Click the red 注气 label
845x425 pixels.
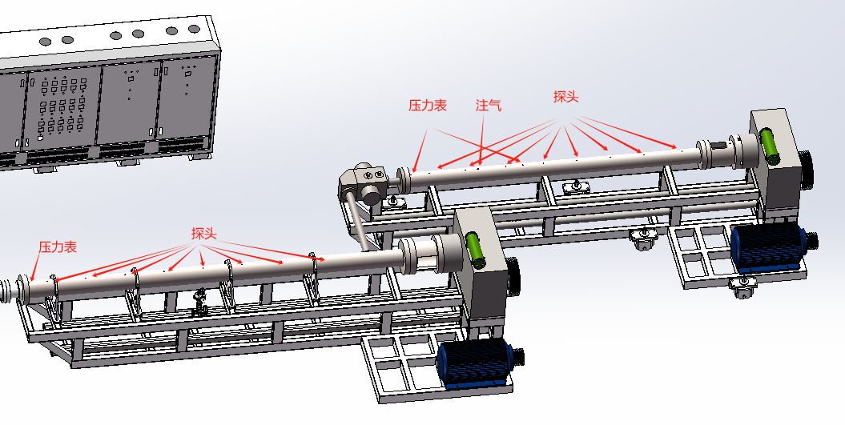click(489, 105)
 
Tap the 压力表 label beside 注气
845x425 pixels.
click(428, 105)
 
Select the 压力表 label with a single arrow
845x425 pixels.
click(58, 247)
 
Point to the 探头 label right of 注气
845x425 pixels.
click(565, 96)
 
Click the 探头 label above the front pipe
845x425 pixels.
click(203, 233)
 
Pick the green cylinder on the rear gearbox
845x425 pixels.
click(770, 146)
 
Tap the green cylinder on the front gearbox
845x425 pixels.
click(476, 250)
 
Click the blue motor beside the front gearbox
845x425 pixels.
click(475, 361)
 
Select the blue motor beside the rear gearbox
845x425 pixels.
click(770, 247)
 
